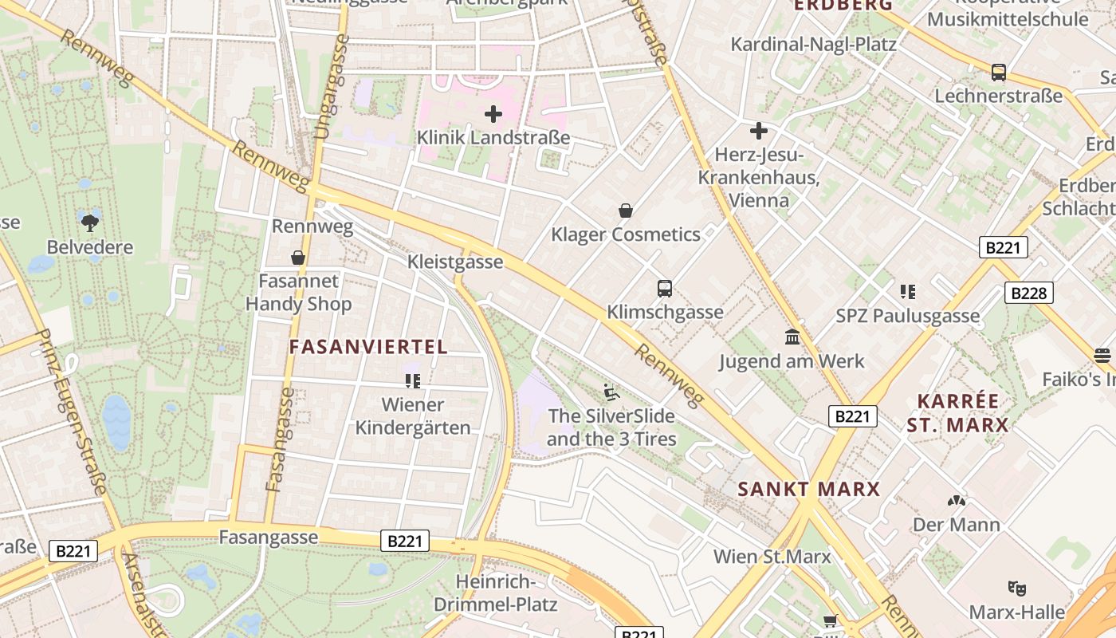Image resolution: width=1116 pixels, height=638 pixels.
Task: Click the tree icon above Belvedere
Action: click(89, 223)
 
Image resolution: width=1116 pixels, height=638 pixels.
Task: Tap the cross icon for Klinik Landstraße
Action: click(493, 114)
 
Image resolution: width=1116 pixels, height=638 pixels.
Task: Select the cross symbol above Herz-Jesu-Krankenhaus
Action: click(759, 130)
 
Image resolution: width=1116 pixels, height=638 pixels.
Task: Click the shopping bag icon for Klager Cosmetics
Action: click(626, 211)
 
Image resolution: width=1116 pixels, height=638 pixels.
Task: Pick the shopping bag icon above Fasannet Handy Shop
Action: click(298, 258)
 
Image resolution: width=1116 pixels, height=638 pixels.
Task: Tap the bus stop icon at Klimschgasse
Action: click(665, 288)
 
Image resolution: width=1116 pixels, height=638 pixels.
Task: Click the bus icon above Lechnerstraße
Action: click(999, 73)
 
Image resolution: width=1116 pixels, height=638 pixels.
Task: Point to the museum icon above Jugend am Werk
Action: click(792, 337)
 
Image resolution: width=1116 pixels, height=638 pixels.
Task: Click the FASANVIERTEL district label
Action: click(368, 347)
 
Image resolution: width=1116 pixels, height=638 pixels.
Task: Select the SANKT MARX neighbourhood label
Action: click(808, 489)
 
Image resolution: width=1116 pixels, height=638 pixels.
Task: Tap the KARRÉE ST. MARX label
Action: click(957, 413)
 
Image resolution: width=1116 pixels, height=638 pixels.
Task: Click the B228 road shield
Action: click(1028, 293)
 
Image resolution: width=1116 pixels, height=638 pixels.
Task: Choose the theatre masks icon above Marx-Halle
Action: click(1016, 589)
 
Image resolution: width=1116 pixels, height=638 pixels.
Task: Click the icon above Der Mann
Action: click(956, 502)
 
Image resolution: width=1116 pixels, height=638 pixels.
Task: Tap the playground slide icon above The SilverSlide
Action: click(611, 392)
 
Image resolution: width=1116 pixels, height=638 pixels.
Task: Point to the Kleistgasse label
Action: click(455, 262)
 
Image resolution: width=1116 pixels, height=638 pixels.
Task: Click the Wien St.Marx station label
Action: click(772, 557)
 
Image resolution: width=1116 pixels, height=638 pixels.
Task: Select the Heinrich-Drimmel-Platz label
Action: click(495, 593)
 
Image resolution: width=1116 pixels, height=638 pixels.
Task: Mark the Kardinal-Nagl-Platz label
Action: click(813, 44)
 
